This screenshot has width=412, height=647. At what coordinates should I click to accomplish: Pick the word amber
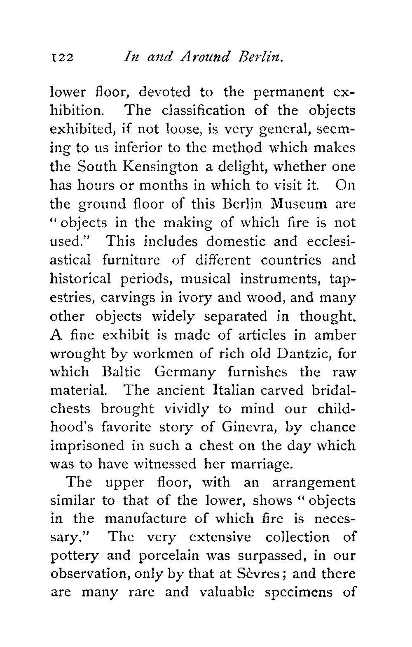point(335,335)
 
